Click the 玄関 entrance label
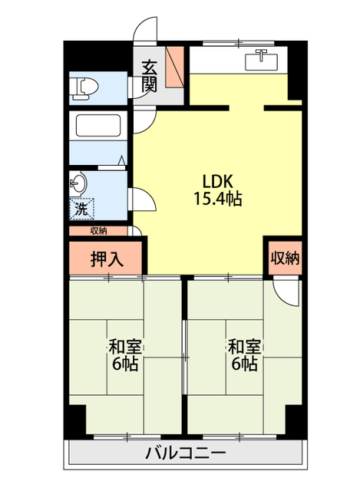(150, 74)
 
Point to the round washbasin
(79, 184)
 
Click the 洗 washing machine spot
(81, 208)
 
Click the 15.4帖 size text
(218, 199)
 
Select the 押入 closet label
(107, 259)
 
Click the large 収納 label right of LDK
(284, 258)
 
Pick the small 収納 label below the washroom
(98, 230)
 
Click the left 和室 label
(123, 346)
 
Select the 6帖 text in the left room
(123, 364)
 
